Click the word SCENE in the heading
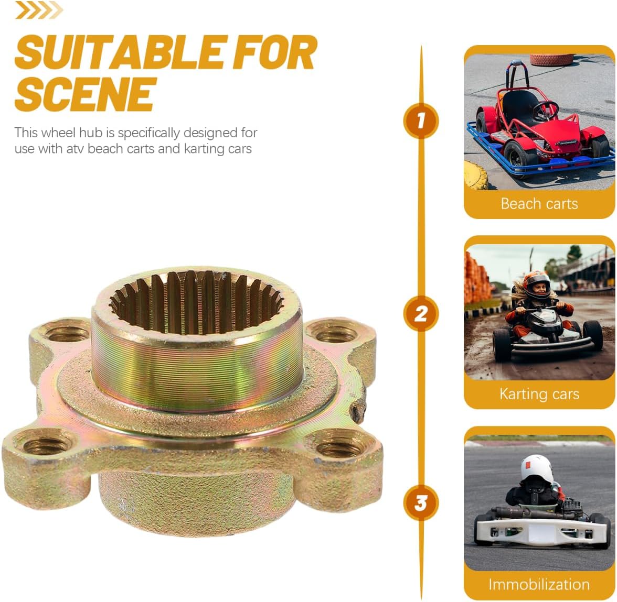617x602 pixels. click(x=86, y=94)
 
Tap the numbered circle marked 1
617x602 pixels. click(x=420, y=121)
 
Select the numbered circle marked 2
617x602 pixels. click(x=420, y=314)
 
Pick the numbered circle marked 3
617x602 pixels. click(x=420, y=503)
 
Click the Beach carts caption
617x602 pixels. click(x=539, y=203)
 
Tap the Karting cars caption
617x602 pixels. click(x=539, y=393)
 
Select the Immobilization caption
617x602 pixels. click(x=539, y=584)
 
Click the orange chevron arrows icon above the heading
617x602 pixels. click(x=39, y=10)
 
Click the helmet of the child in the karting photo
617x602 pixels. click(x=536, y=284)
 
